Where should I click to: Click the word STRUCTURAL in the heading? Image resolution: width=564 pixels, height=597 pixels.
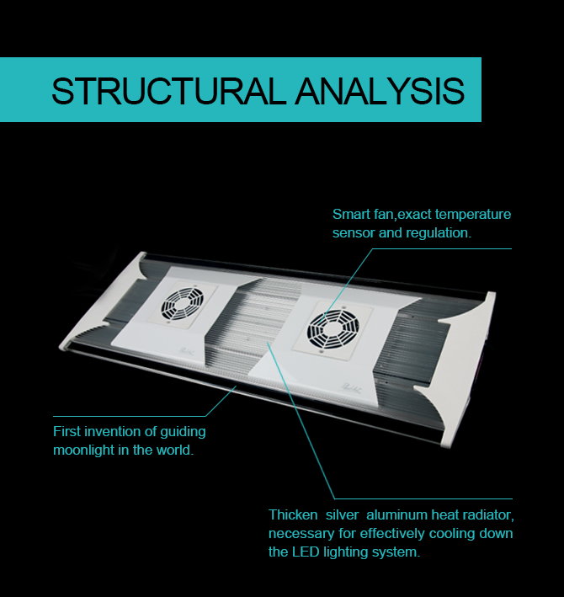point(168,91)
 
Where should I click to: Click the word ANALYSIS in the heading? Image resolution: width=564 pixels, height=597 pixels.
point(379,91)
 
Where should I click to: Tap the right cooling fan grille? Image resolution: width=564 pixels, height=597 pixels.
point(328,323)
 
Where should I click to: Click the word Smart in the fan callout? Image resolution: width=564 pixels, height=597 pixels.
point(349,214)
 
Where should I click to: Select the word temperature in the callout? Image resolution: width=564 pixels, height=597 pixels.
point(472,214)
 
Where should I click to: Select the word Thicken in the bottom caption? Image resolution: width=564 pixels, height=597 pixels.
point(293,514)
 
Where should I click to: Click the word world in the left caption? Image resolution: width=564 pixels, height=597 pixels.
point(174,450)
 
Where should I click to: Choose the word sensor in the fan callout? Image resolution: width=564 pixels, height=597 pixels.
point(353,232)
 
